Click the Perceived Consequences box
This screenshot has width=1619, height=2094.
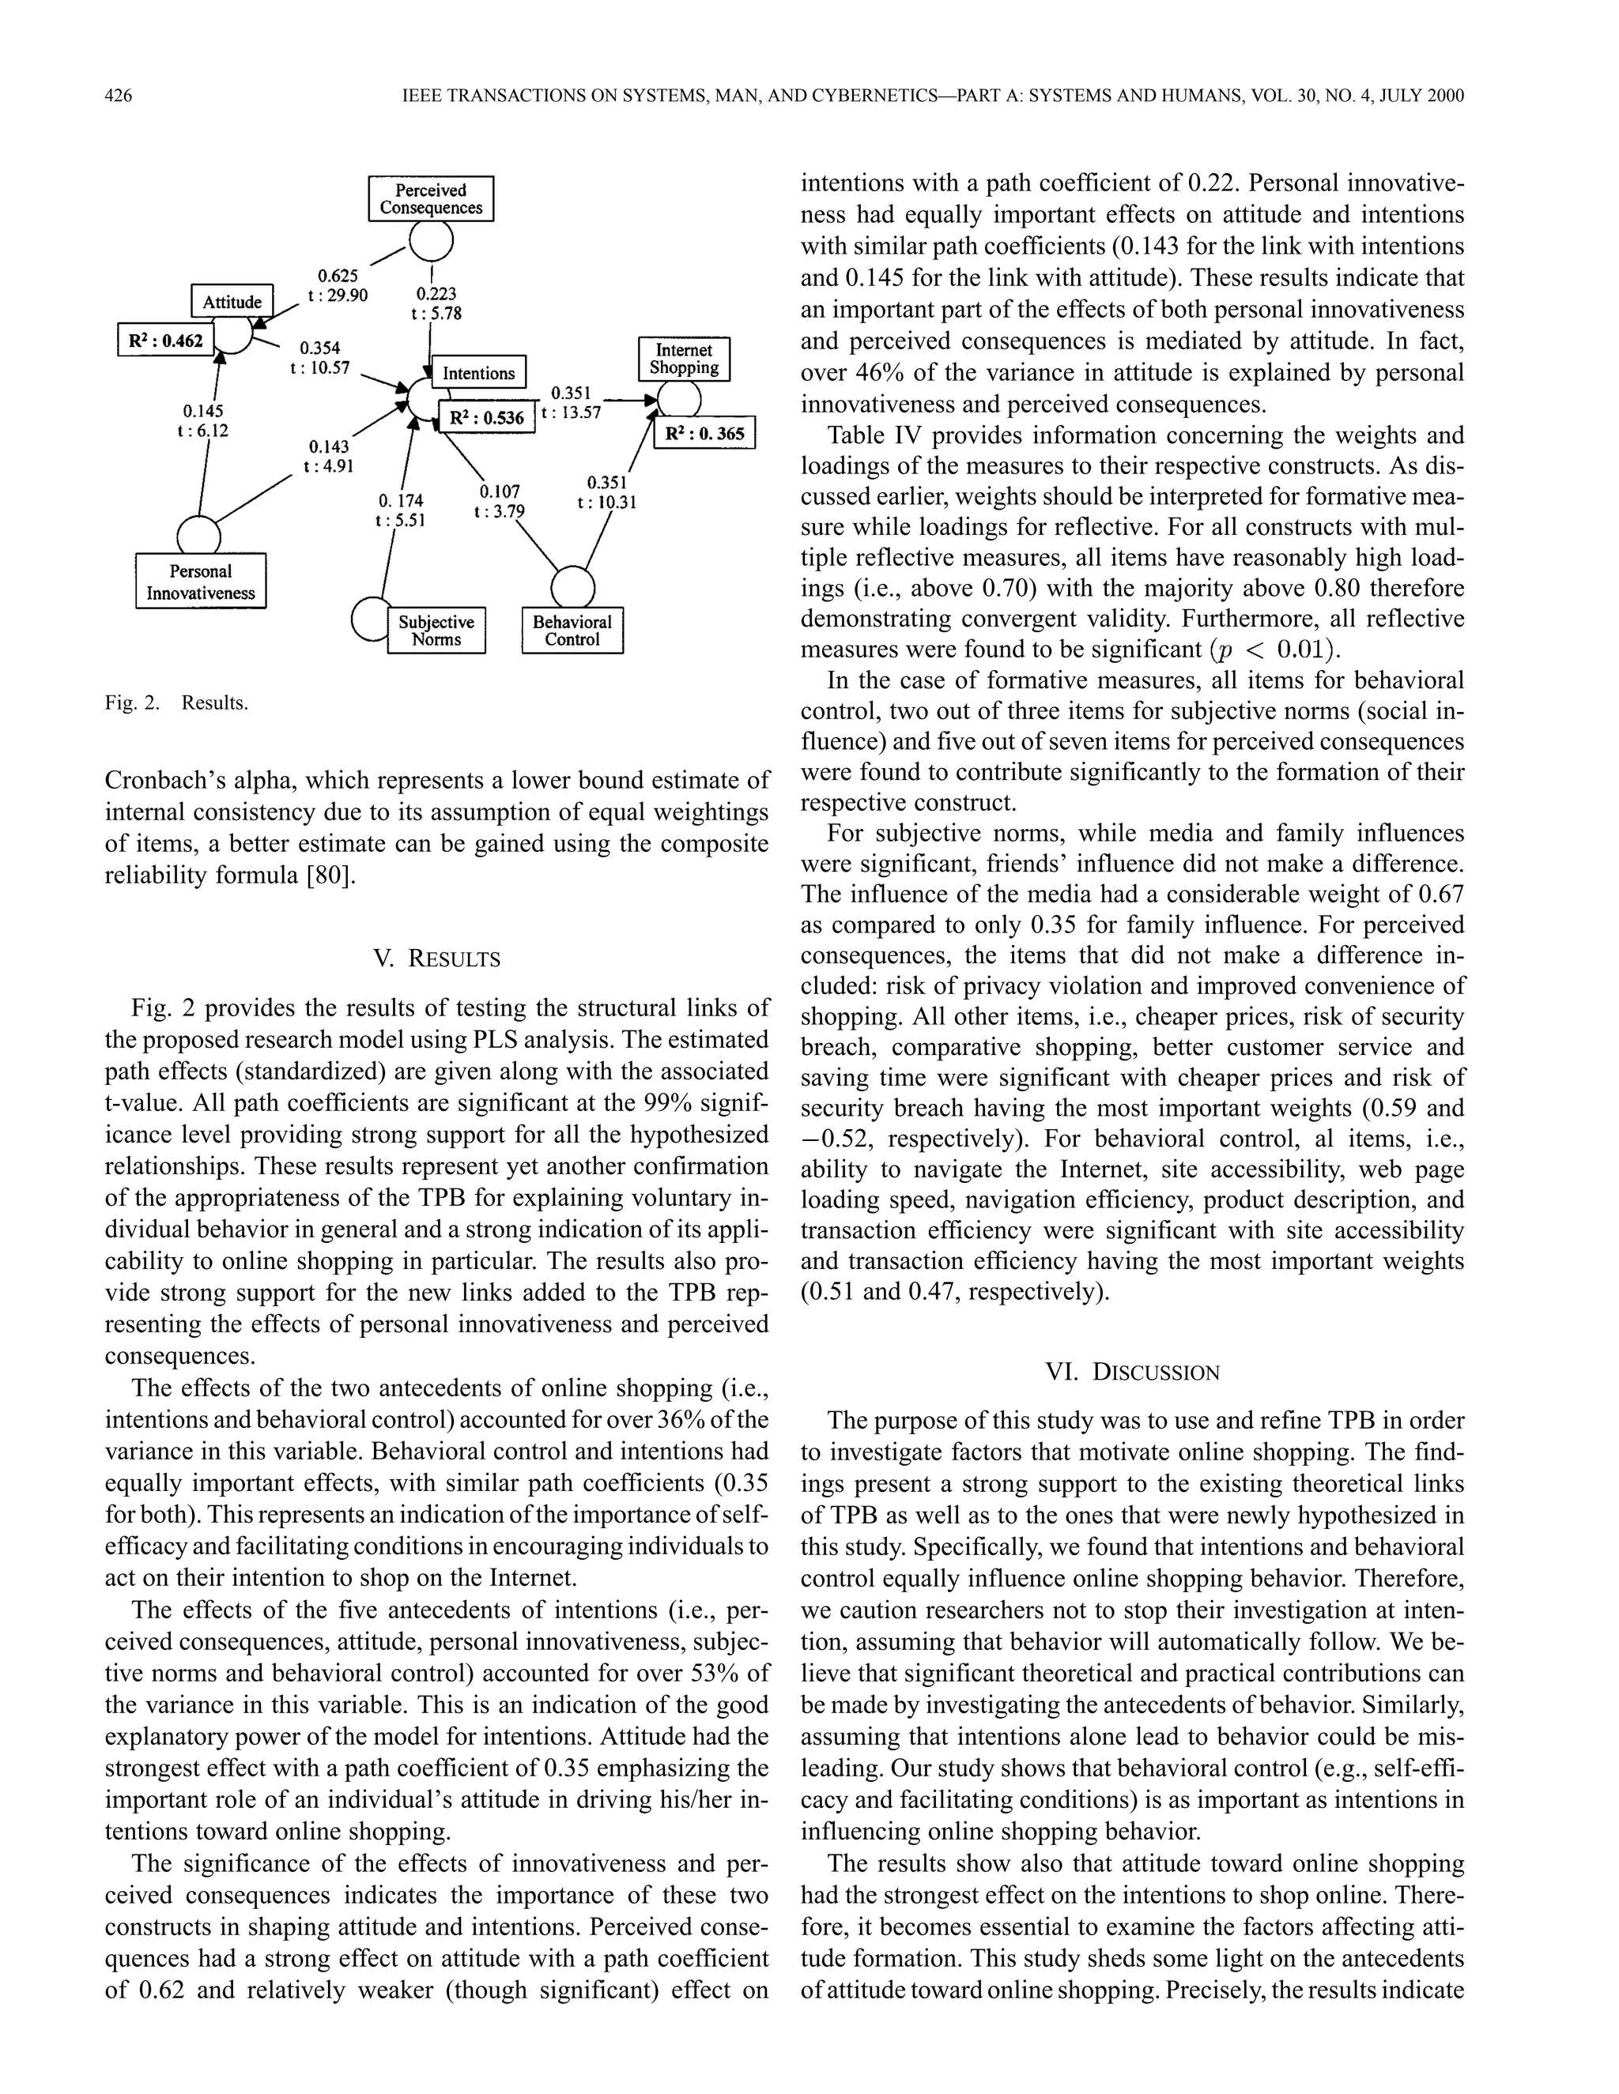click(431, 198)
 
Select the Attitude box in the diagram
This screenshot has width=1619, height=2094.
click(232, 302)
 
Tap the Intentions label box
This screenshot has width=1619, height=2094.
click(478, 373)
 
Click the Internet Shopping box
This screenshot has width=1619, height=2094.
click(684, 359)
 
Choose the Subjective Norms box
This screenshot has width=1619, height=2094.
click(436, 631)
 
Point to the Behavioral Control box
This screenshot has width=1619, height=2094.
click(572, 631)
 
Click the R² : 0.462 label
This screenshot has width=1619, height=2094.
click(166, 340)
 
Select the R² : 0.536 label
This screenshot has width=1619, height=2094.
click(486, 417)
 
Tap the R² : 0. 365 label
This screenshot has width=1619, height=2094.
click(705, 433)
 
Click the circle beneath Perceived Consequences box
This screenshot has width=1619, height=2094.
click(431, 243)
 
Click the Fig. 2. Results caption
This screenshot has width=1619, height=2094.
click(176, 702)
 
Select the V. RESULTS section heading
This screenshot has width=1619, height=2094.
click(436, 958)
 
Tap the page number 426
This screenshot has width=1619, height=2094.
click(118, 96)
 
